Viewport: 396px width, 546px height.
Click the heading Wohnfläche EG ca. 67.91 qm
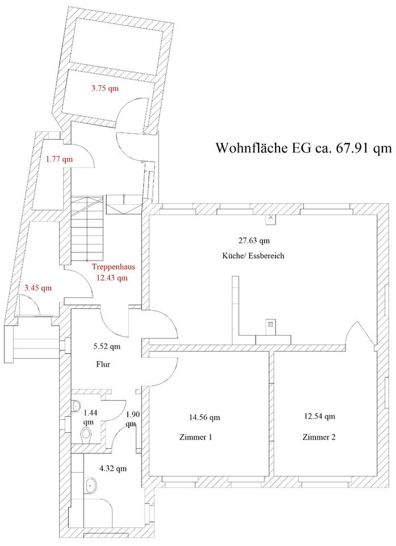pos(304,148)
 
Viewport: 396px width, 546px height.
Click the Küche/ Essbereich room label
pos(253,256)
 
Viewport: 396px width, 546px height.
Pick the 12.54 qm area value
pos(319,416)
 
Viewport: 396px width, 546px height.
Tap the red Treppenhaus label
pos(114,267)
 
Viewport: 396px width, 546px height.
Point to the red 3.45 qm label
pos(37,288)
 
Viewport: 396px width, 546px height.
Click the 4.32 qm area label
pos(112,469)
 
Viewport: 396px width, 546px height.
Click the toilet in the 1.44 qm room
pos(86,435)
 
